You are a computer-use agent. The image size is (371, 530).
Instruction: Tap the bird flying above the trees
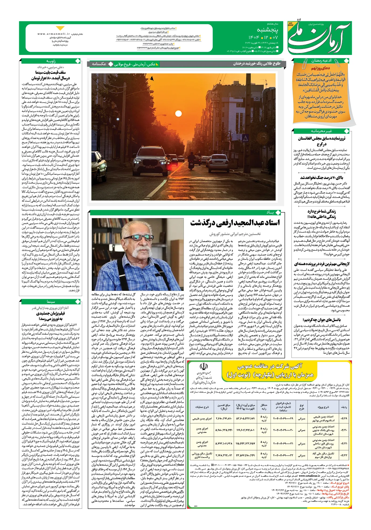pos(152,78)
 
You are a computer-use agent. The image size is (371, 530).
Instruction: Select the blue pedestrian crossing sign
pos(246,139)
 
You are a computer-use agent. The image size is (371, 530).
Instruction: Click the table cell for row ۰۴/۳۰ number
pos(344,430)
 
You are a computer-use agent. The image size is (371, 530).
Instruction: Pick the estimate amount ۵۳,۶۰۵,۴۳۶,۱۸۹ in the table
pos(245,419)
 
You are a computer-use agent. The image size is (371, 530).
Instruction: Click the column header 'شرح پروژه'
pos(323,407)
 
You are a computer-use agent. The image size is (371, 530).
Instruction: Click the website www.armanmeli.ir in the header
pos(54,34)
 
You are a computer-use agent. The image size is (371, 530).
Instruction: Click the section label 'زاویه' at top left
pos(51,61)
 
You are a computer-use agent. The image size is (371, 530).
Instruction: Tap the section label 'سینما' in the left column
pos(51,302)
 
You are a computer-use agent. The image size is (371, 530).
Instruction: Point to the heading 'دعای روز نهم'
pos(320,68)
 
